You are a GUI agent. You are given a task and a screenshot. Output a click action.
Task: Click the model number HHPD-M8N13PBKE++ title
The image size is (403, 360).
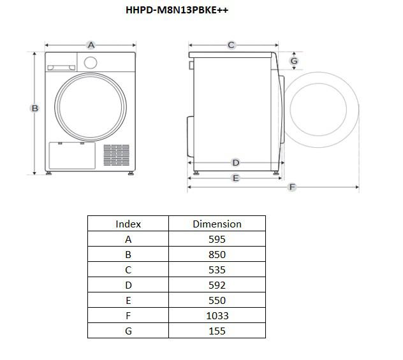[x=177, y=10]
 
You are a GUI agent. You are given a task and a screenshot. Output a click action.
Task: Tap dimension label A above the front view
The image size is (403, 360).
[x=91, y=45]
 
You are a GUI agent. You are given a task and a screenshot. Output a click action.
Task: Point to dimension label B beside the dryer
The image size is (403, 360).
[x=34, y=108]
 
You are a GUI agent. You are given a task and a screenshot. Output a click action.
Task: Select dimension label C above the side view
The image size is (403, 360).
[x=231, y=45]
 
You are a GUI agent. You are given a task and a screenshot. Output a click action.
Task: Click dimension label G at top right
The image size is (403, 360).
[x=294, y=61]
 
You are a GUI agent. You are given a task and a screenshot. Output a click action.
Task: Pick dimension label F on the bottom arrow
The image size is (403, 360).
[x=292, y=187]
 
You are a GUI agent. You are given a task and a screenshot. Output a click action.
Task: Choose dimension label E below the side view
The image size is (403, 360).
[x=236, y=178]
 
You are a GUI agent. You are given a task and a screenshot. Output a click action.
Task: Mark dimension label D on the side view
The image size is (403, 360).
[x=236, y=162]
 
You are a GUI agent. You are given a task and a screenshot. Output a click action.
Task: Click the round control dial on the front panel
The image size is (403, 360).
[x=91, y=62]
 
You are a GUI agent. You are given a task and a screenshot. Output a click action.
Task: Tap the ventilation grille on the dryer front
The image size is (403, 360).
[x=117, y=155]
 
